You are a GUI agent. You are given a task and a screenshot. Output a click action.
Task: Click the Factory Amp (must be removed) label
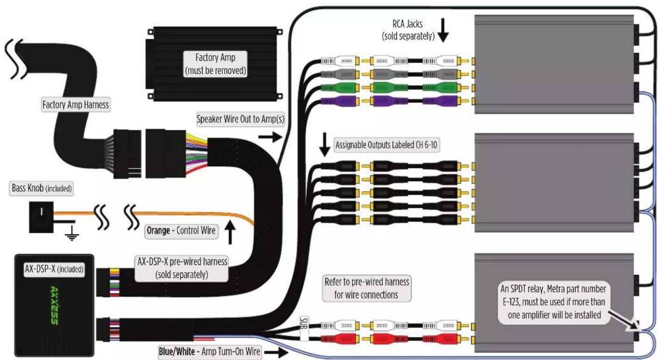pyautogui.click(x=215, y=64)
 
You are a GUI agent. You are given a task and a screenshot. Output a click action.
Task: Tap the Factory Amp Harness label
pyautogui.click(x=76, y=105)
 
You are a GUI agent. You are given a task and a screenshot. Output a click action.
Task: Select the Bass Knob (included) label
pyautogui.click(x=42, y=188)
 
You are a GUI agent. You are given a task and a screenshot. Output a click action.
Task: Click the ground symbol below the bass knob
pyautogui.click(x=71, y=235)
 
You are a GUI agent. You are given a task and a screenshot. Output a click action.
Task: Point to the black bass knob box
pyautogui.click(x=41, y=217)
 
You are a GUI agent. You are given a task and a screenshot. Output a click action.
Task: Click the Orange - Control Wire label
pyautogui.click(x=181, y=231)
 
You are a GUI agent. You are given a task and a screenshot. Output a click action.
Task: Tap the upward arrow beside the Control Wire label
pyautogui.click(x=231, y=233)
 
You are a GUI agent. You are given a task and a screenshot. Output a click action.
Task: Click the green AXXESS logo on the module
pyautogui.click(x=54, y=305)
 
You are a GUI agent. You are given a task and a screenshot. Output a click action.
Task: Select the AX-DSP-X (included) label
pyautogui.click(x=54, y=269)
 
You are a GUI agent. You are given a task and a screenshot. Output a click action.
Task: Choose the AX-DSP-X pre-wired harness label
pyautogui.click(x=182, y=268)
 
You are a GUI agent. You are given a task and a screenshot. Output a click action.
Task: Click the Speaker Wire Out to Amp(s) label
pyautogui.click(x=241, y=119)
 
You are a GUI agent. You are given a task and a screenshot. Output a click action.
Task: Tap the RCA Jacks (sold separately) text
pyautogui.click(x=408, y=30)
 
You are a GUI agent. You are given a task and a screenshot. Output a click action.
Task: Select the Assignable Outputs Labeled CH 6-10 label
pyautogui.click(x=387, y=145)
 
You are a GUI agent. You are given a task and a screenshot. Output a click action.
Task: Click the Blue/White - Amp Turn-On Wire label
pyautogui.click(x=209, y=352)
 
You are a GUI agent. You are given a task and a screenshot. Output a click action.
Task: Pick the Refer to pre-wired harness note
pyautogui.click(x=367, y=289)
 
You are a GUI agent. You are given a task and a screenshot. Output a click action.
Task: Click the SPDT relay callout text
pyautogui.click(x=553, y=302)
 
